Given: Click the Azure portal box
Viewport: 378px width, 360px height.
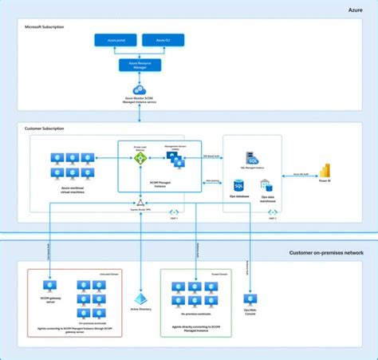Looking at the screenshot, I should point(116,39).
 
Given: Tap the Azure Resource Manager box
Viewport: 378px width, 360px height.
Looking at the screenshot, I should point(140,64).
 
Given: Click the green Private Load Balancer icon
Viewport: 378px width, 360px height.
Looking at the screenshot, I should point(140,158).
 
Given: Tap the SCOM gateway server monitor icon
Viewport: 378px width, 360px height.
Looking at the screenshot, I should point(49,285).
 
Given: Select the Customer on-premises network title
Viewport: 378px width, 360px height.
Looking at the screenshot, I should point(326,252).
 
